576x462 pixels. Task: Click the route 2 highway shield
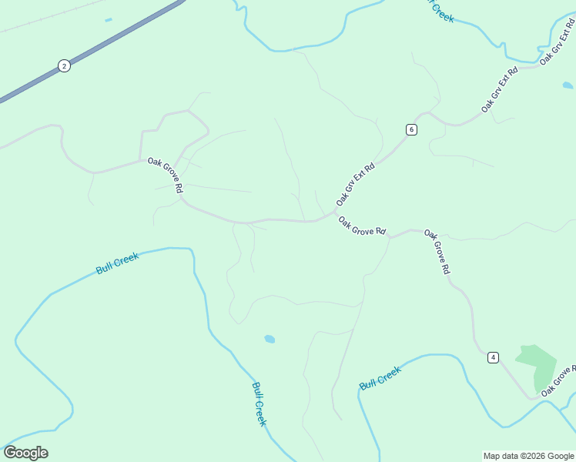(64, 66)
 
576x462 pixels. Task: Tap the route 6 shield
(412, 129)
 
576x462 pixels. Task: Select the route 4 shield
(493, 357)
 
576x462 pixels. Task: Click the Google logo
(25, 453)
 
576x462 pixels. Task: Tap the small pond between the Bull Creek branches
(270, 339)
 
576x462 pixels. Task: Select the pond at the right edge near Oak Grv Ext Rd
(568, 85)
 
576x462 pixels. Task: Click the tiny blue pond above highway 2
(109, 20)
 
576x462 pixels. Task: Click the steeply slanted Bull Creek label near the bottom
(260, 404)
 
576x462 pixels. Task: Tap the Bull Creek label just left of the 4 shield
(380, 378)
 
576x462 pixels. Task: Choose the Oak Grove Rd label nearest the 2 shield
(166, 176)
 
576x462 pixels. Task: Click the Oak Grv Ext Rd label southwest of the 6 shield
(356, 183)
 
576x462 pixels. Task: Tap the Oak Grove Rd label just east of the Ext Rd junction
(362, 226)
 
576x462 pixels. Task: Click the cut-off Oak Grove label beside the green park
(558, 382)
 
